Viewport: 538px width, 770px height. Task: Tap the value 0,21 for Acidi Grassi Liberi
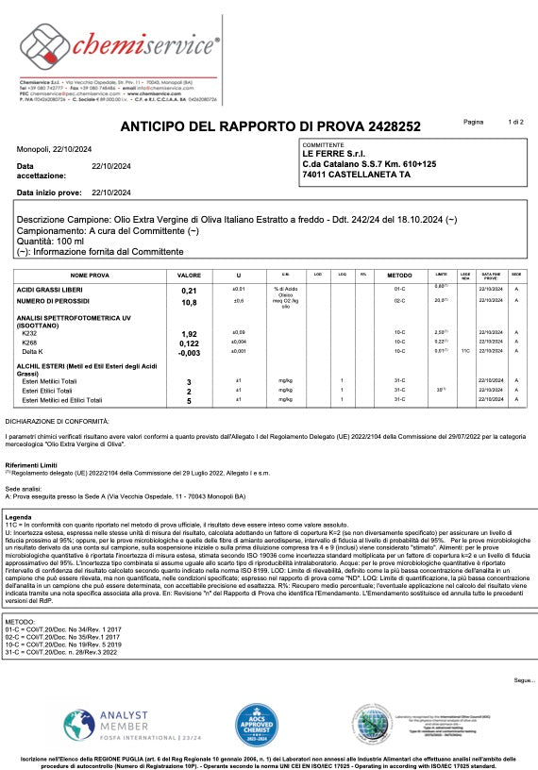click(x=188, y=291)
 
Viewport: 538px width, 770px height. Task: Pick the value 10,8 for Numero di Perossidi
click(x=188, y=303)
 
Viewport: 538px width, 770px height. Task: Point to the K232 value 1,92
click(x=188, y=334)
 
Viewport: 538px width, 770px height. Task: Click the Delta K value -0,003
click(x=188, y=352)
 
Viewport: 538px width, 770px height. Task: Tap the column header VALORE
click(x=189, y=275)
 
